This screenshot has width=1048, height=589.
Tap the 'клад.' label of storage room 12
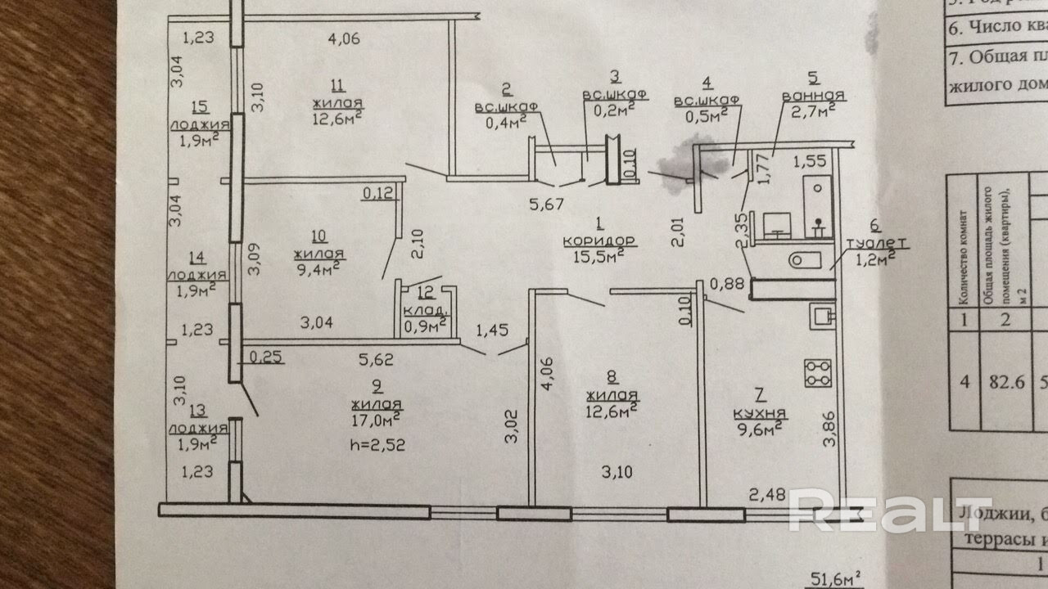425,310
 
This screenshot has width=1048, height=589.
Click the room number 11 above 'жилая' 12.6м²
337,85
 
